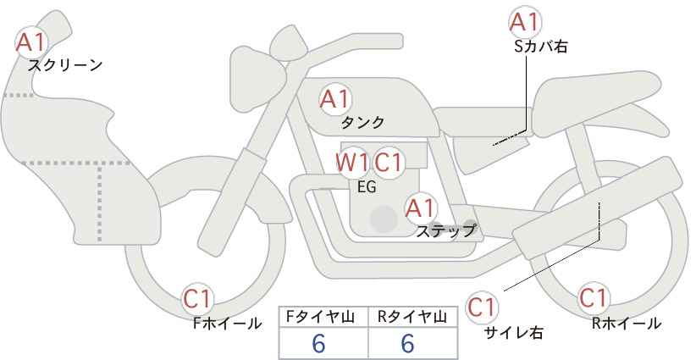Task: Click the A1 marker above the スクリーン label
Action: click(30, 42)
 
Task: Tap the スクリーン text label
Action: click(65, 66)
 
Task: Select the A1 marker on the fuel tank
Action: click(335, 99)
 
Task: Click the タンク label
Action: click(362, 122)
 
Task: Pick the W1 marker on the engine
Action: click(351, 163)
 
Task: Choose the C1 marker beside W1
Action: click(388, 163)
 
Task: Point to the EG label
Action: click(367, 187)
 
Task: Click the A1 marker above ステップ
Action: click(421, 208)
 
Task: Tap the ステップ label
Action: click(445, 231)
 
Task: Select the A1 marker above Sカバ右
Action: click(525, 21)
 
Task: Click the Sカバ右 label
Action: click(541, 47)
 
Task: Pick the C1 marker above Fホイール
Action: click(197, 299)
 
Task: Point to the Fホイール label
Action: click(227, 324)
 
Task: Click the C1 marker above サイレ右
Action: click(482, 307)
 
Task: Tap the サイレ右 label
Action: click(514, 333)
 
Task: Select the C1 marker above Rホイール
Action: click(593, 298)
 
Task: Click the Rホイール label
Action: click(627, 324)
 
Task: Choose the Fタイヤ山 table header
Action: click(320, 317)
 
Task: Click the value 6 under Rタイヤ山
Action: click(407, 343)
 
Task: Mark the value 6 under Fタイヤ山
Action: click(319, 343)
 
